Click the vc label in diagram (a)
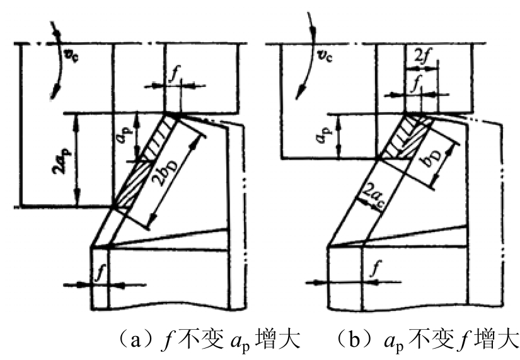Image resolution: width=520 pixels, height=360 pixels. (x=71, y=57)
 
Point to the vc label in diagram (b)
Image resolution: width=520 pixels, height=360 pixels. (x=325, y=56)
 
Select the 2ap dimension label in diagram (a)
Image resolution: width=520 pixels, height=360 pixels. (x=60, y=161)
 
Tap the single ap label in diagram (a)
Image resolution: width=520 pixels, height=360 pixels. (x=125, y=134)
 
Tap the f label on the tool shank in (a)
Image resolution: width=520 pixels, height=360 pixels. (x=100, y=273)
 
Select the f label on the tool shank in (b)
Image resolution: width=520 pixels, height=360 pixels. (x=376, y=269)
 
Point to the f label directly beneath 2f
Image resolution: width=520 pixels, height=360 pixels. (x=415, y=84)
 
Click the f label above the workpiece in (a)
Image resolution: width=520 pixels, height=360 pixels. (x=173, y=74)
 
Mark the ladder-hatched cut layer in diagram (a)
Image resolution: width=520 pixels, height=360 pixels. (x=159, y=137)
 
